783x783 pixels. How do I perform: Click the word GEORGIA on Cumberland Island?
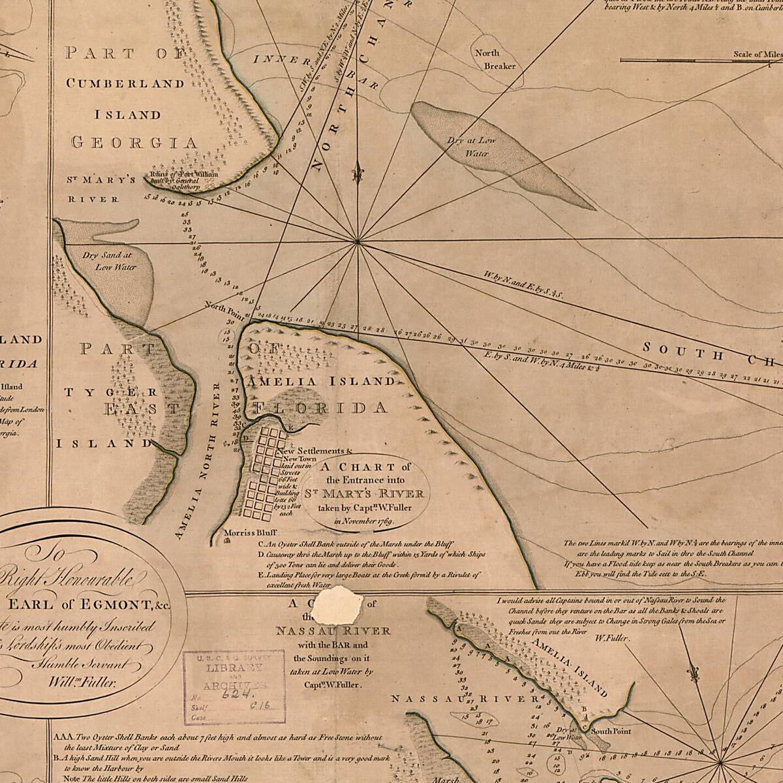pos(134,142)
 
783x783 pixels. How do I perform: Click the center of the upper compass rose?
pos(358,243)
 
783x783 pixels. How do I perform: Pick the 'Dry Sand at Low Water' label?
pos(108,261)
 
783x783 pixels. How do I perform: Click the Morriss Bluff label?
pos(246,532)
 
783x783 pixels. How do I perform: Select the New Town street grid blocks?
pos(268,470)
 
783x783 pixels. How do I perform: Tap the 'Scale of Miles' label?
pos(757,55)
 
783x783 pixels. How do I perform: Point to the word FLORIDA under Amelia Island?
pos(320,408)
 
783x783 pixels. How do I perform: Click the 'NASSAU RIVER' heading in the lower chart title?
pos(333,631)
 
